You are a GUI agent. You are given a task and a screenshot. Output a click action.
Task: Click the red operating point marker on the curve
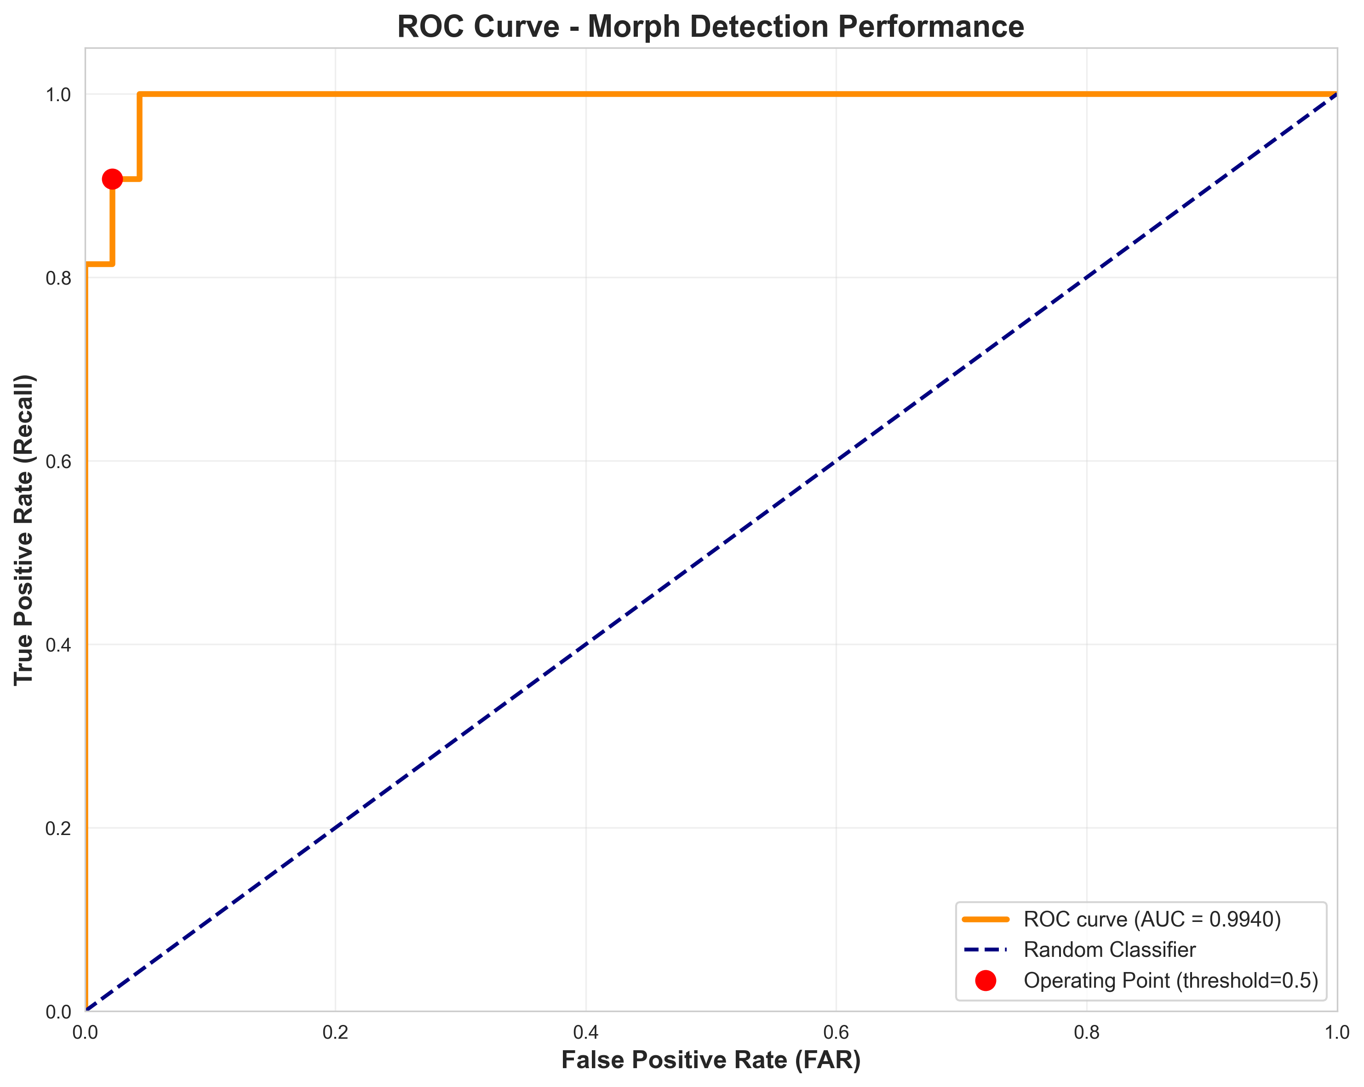point(112,179)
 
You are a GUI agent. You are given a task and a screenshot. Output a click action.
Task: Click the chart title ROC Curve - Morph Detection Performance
point(711,27)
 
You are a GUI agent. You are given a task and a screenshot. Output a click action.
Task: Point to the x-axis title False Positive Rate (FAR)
point(711,1060)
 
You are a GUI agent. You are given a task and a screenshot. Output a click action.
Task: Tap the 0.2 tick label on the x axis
point(335,1033)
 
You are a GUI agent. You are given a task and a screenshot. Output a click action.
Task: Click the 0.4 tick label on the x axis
point(586,1033)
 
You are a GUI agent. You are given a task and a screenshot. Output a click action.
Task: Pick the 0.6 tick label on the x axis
point(836,1033)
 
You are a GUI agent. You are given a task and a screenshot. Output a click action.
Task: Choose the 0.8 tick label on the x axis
point(1086,1033)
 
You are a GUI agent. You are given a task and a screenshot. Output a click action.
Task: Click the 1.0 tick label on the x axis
point(1336,1033)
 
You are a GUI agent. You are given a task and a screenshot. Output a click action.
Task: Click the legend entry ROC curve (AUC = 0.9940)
point(1152,919)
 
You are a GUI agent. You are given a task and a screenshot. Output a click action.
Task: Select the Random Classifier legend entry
point(1110,950)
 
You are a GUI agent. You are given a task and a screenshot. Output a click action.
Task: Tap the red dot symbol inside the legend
point(986,981)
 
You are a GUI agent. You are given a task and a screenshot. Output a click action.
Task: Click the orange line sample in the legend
point(986,919)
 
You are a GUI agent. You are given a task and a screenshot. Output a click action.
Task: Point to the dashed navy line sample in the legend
point(986,950)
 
